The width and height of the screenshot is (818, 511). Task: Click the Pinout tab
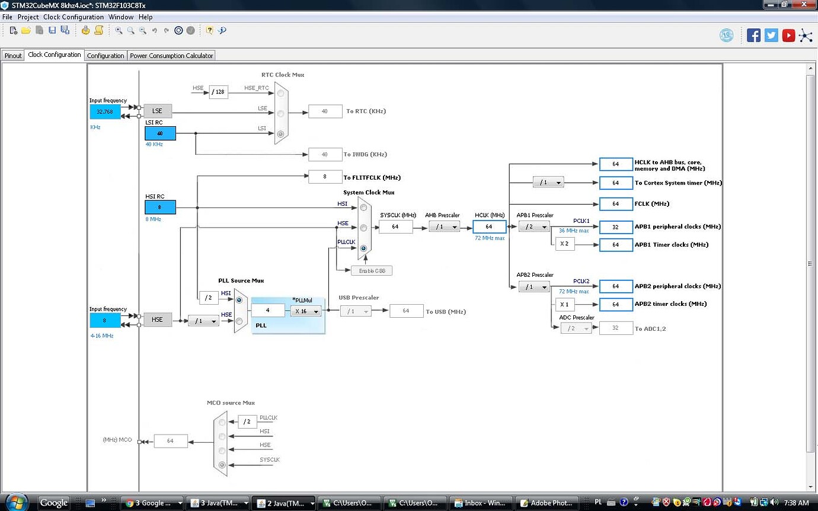coord(13,56)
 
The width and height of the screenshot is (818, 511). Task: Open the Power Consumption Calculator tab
coord(171,56)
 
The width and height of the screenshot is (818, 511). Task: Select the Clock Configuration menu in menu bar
coord(74,17)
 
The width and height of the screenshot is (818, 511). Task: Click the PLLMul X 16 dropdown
coord(306,311)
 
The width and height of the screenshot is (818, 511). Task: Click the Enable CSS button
coord(372,271)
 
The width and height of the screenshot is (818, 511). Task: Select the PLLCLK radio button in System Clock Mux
coord(363,248)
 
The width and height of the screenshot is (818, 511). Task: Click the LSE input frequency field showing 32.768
coord(105,111)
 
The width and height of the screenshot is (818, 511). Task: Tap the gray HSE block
coord(157,320)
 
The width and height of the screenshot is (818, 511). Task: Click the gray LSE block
coord(157,111)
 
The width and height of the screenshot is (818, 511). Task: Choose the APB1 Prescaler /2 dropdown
coord(533,226)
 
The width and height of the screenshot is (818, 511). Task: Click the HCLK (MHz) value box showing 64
coord(489,226)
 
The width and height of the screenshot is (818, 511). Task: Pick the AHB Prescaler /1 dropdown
coord(444,226)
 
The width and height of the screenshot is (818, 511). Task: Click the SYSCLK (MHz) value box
coord(395,226)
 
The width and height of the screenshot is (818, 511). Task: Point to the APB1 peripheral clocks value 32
coord(616,227)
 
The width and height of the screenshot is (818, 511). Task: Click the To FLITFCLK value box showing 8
coord(325,177)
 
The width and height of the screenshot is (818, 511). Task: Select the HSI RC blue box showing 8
coord(160,207)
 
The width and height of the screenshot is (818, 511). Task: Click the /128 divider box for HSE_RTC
coord(218,92)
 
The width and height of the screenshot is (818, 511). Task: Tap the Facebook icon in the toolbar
coord(753,36)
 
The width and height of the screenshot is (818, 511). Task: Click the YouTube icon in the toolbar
coord(788,36)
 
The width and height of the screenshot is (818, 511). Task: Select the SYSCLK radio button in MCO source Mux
coord(222,465)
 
